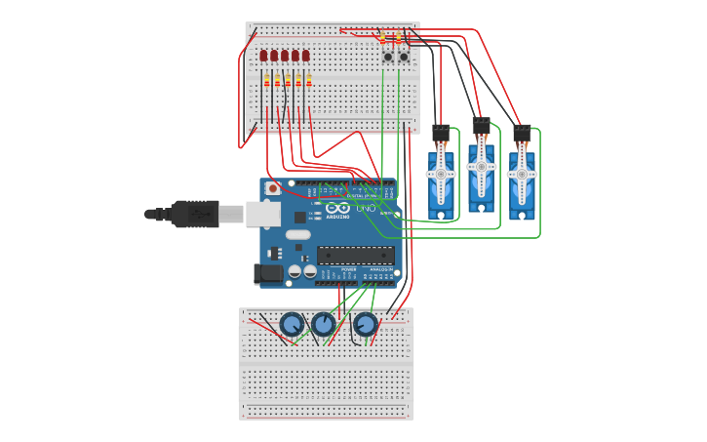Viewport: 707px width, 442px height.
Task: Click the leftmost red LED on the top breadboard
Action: tap(263, 56)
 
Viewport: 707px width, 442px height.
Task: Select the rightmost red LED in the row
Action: tap(306, 56)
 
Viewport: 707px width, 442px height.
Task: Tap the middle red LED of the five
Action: tap(285, 56)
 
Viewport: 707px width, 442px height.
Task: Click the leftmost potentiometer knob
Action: tap(291, 324)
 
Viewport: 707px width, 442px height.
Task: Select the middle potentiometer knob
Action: tap(323, 323)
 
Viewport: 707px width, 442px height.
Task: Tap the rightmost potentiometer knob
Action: tap(366, 324)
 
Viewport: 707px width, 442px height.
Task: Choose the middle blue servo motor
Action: tap(481, 172)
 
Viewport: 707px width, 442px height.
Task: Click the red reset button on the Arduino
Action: tap(273, 187)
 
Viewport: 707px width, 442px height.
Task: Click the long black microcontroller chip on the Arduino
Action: tap(356, 255)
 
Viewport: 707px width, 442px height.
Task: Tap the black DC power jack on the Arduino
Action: tap(268, 274)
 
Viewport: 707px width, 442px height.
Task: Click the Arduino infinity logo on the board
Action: tap(338, 207)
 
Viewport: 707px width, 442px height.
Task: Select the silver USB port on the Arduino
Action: tap(263, 214)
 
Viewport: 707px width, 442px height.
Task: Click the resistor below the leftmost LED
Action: tap(266, 81)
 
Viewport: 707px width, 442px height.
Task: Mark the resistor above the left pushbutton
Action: tap(383, 38)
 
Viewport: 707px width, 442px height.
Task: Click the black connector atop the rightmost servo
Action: tap(523, 130)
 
